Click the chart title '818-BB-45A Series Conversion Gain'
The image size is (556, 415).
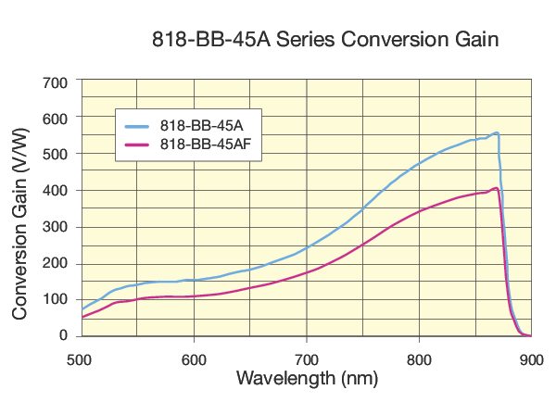point(325,41)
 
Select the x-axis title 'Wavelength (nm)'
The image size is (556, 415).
point(307,378)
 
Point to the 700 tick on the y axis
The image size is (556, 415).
point(58,82)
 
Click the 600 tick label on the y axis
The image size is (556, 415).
point(58,118)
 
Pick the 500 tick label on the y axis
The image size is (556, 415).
point(58,154)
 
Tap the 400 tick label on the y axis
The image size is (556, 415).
point(58,190)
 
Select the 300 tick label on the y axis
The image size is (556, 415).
point(58,226)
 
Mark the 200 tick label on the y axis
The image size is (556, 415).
point(58,262)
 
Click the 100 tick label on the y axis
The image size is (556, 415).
point(58,298)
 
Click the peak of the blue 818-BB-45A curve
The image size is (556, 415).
point(497,133)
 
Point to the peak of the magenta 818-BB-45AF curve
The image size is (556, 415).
point(497,189)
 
